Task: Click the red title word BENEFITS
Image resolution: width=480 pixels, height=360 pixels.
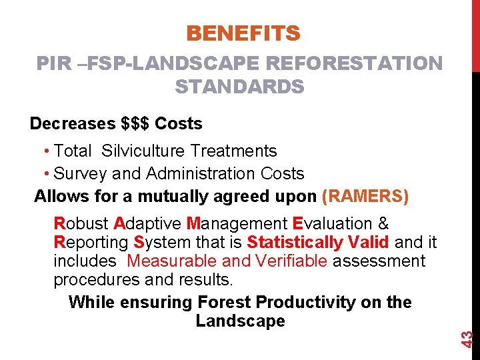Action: coord(243,33)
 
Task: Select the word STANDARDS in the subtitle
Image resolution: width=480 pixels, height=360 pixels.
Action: coord(240,87)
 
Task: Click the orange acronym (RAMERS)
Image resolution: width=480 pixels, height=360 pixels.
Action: coord(365,197)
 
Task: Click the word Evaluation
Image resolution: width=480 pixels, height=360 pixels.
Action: coord(332,223)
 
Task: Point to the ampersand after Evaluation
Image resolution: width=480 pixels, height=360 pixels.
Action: coord(383,223)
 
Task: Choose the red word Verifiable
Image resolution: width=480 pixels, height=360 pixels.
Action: coord(293,261)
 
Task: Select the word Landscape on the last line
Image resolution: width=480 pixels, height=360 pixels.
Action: coord(240,321)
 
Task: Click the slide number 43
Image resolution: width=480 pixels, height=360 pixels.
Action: coord(468,338)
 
